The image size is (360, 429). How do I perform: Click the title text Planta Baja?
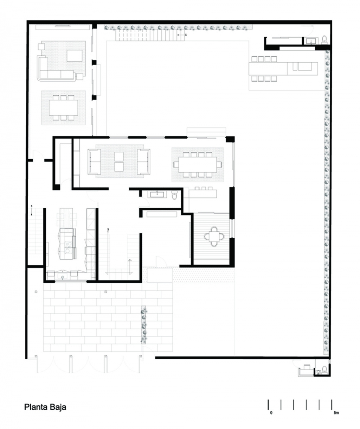tap(45, 407)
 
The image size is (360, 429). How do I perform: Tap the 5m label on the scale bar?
tap(336, 412)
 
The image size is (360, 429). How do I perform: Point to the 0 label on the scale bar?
tap(271, 412)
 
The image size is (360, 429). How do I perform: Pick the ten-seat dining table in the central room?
tap(198, 165)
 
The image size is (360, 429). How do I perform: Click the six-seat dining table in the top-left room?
tap(63, 108)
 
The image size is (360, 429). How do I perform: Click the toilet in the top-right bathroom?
tap(324, 40)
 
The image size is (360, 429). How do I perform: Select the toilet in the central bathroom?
tap(174, 195)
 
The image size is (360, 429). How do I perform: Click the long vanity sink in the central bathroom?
tap(157, 194)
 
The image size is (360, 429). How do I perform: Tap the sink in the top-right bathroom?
tap(311, 41)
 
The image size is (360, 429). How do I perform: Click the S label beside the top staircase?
tap(186, 35)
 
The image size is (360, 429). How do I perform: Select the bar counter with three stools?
tap(203, 193)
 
